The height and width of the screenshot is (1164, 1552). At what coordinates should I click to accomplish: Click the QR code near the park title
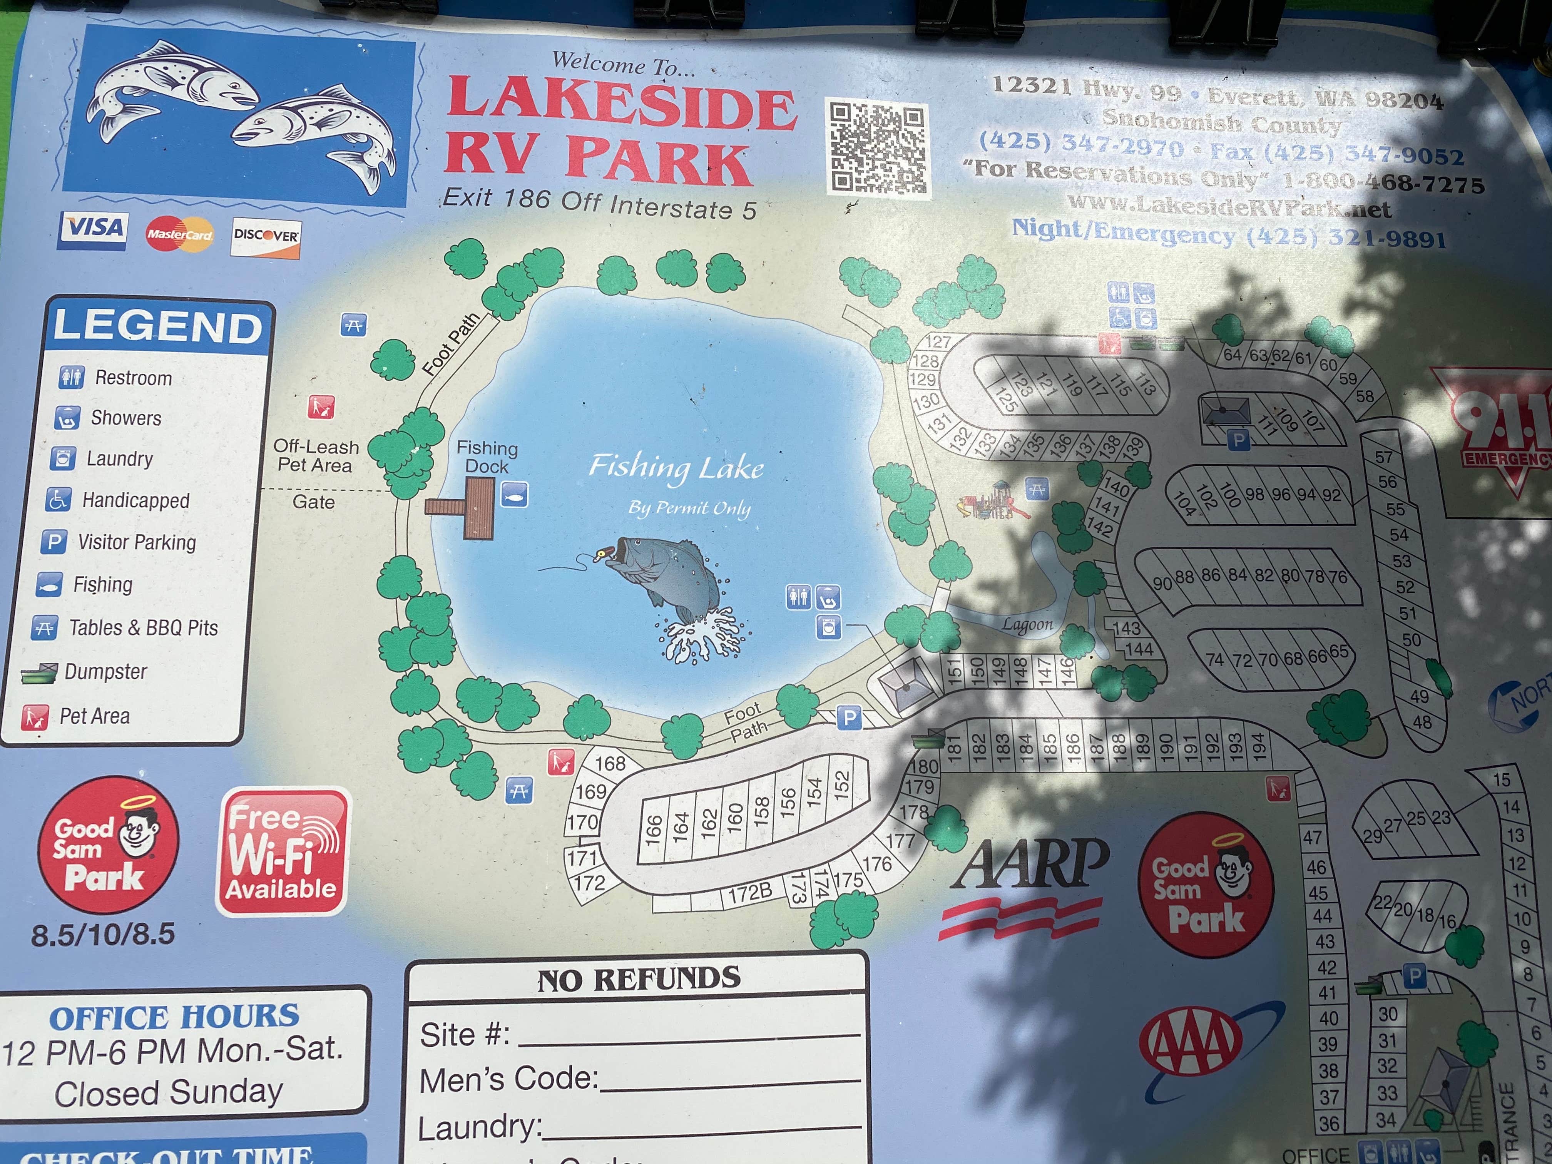[x=878, y=148]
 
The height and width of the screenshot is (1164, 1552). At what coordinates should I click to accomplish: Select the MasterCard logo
[x=179, y=234]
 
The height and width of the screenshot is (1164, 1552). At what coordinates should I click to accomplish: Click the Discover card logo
[x=266, y=236]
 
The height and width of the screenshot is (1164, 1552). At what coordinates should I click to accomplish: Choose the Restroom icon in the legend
[x=71, y=377]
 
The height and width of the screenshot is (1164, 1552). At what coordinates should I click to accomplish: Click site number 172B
[x=749, y=893]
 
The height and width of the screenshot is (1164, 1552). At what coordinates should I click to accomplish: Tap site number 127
[x=938, y=342]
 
